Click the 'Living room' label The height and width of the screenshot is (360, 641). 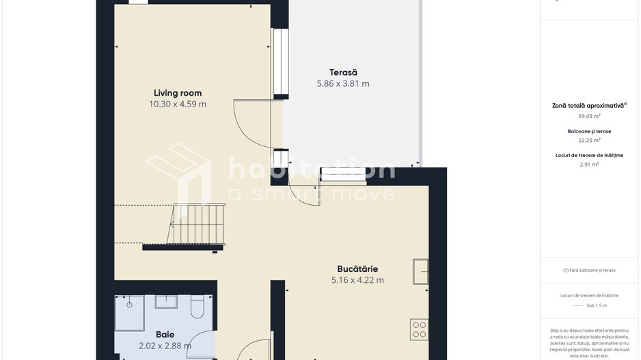(178, 93)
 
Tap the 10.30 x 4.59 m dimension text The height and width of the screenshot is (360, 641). (178, 105)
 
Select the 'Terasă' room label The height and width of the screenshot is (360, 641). (343, 72)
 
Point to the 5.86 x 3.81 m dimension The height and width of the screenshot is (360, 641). (343, 84)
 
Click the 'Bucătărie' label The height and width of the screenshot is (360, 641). (357, 268)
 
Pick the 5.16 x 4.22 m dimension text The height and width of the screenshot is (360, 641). (357, 280)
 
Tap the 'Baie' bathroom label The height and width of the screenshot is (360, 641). (165, 335)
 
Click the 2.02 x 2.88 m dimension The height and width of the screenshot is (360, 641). (165, 346)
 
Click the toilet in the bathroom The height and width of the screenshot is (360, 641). (197, 307)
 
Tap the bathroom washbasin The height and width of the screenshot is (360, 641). (166, 302)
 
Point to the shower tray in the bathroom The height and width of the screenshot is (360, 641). (129, 312)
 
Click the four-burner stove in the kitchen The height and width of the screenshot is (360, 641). (420, 330)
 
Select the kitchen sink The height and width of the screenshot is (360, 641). (420, 271)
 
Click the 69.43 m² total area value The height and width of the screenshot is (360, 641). (589, 116)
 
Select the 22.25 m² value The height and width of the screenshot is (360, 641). (589, 140)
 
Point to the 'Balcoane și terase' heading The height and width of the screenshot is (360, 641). (589, 131)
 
